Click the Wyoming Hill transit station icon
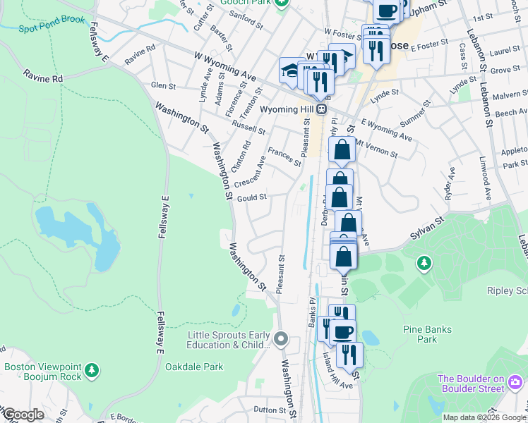[321, 109]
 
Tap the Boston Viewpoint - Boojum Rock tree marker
[91, 369]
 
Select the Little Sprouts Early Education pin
[281, 340]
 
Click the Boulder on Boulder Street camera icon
[515, 383]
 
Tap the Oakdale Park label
[194, 367]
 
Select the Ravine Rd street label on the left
[42, 75]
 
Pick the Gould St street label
[251, 198]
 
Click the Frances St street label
[284, 157]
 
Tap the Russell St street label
[250, 126]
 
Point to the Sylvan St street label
[428, 231]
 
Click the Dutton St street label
[268, 409]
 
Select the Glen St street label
[163, 85]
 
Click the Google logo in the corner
[23, 415]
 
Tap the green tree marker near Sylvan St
[424, 264]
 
